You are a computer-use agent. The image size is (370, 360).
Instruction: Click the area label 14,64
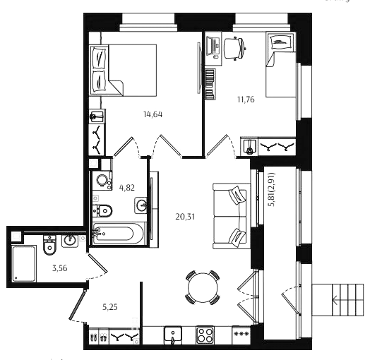pos(153,114)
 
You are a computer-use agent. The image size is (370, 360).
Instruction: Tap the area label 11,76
pos(246,100)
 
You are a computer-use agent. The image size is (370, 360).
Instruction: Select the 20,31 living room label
pos(185,217)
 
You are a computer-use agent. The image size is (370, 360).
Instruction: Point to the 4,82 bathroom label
pos(127,188)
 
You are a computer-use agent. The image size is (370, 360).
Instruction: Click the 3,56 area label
pos(60,268)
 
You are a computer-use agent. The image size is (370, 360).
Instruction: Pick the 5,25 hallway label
pos(110,307)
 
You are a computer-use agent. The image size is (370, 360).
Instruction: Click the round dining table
pos(203,287)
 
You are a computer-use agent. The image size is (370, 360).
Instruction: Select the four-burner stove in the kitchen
pos(205,335)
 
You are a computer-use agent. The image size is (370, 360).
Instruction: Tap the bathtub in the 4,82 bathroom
pos(118,234)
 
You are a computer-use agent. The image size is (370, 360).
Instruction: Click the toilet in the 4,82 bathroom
pos(102,210)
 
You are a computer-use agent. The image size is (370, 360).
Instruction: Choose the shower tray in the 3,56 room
pos(24,264)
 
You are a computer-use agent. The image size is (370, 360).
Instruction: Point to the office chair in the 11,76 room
pos(235,49)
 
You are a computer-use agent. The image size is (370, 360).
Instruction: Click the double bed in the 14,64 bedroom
pos(123,70)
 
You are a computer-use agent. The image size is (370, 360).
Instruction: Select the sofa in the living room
pos(230,216)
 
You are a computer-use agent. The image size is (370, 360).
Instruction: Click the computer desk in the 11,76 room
pos(213,49)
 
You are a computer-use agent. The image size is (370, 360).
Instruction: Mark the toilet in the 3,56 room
pos(49,245)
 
